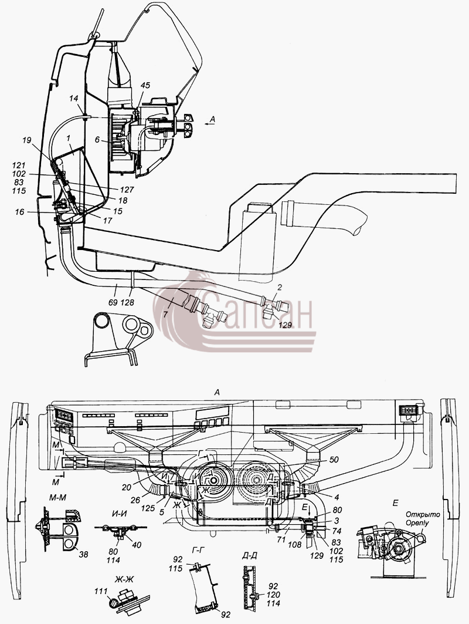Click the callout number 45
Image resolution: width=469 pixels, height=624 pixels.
tap(145, 85)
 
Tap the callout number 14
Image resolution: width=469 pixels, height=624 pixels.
tap(73, 98)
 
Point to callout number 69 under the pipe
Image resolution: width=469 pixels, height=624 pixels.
tap(113, 302)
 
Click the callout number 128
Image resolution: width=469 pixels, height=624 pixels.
tap(128, 302)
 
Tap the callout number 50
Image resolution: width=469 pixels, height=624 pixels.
tap(333, 460)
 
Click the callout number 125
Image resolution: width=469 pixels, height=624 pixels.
tap(148, 508)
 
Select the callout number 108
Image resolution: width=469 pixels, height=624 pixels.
tap(294, 545)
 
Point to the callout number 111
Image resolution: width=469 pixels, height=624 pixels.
tap(101, 591)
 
